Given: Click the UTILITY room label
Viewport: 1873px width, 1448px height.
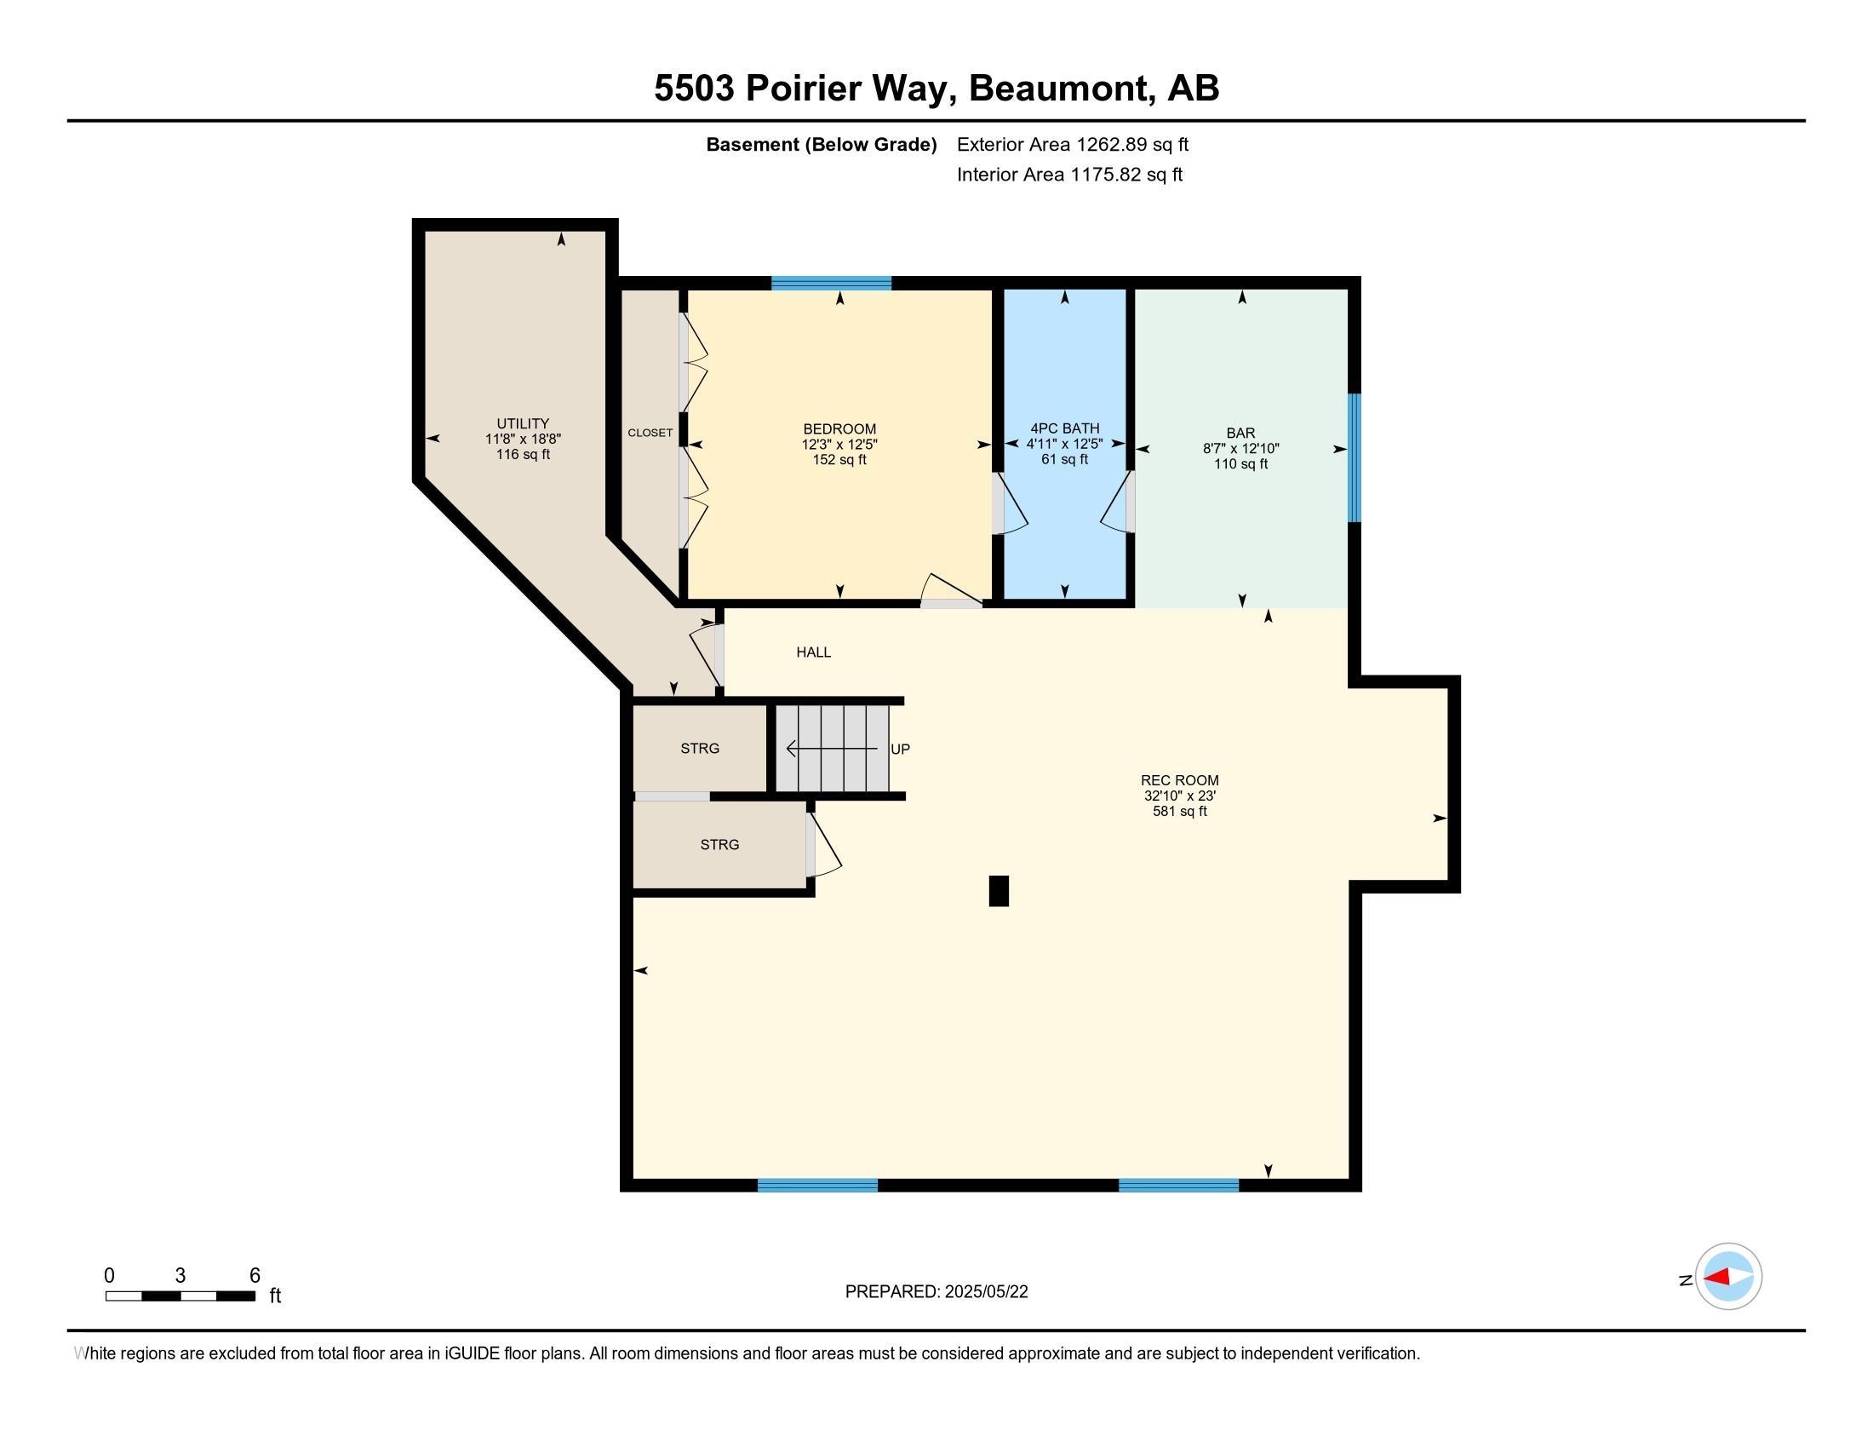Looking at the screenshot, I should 522,423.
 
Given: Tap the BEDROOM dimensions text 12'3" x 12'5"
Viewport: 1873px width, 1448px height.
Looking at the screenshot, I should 839,445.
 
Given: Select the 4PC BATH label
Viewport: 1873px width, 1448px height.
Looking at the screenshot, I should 1064,428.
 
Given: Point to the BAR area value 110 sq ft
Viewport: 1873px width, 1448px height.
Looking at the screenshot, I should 1240,464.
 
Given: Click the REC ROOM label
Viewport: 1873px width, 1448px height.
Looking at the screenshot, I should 1179,779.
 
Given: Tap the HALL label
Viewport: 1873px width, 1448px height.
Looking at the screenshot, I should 813,652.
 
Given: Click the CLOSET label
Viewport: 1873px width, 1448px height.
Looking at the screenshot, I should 650,433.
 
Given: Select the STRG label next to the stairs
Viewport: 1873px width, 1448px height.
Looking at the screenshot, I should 700,748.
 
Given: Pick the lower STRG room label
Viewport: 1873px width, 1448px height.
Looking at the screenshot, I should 719,844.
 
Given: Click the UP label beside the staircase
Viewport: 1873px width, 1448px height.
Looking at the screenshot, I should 900,749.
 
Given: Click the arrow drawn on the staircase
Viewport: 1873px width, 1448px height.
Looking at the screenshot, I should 832,749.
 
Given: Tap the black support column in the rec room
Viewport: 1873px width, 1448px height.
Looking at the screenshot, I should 999,890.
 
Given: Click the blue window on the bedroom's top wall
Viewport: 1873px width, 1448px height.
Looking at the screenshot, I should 830,283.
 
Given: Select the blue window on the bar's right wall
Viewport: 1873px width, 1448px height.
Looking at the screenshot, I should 1355,457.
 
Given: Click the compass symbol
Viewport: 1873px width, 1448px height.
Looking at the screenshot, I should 1727,1277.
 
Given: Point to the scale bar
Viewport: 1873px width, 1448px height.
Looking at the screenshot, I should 180,1296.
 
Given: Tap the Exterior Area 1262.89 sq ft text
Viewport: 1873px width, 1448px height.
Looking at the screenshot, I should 1072,144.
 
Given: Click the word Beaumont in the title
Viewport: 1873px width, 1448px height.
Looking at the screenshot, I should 1062,89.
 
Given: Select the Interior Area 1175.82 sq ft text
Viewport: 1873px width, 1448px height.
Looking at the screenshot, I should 1068,174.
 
